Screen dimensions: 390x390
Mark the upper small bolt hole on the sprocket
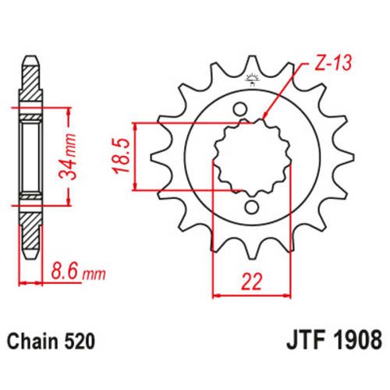click(x=241, y=106)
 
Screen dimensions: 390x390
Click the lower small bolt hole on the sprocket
click(x=253, y=207)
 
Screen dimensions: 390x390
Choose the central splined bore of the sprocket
click(x=246, y=156)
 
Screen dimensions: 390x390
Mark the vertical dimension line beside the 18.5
click(x=137, y=156)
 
